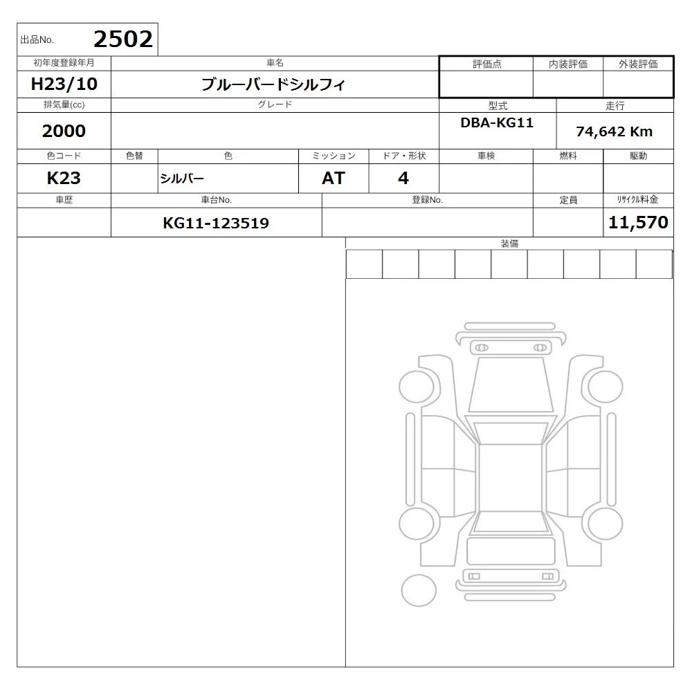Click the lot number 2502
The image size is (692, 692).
(x=123, y=39)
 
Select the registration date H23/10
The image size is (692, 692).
(x=64, y=84)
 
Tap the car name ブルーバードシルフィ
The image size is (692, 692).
(x=273, y=84)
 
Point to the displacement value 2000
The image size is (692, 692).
(x=64, y=131)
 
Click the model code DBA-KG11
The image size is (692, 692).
(x=497, y=122)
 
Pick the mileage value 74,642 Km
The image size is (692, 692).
(x=614, y=131)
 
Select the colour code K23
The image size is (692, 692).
(x=64, y=179)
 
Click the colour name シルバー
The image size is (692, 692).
(x=182, y=179)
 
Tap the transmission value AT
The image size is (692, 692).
(x=334, y=179)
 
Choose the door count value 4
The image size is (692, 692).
(x=403, y=179)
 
